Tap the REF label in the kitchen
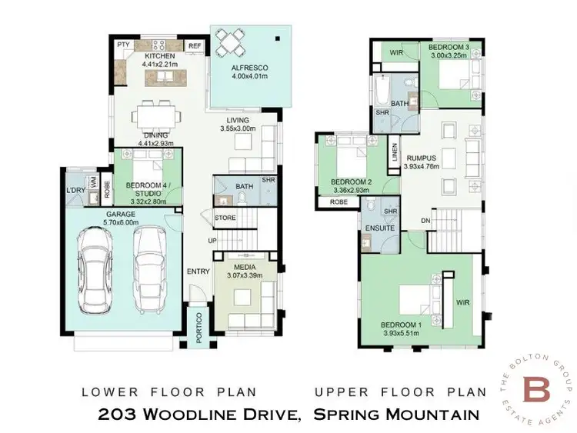pyautogui.click(x=194, y=46)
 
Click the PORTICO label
pyautogui.click(x=198, y=327)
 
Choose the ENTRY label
pyautogui.click(x=198, y=271)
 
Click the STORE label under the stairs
pyautogui.click(x=225, y=217)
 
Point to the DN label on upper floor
pyautogui.click(x=425, y=221)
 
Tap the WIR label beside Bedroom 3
pyautogui.click(x=397, y=53)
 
